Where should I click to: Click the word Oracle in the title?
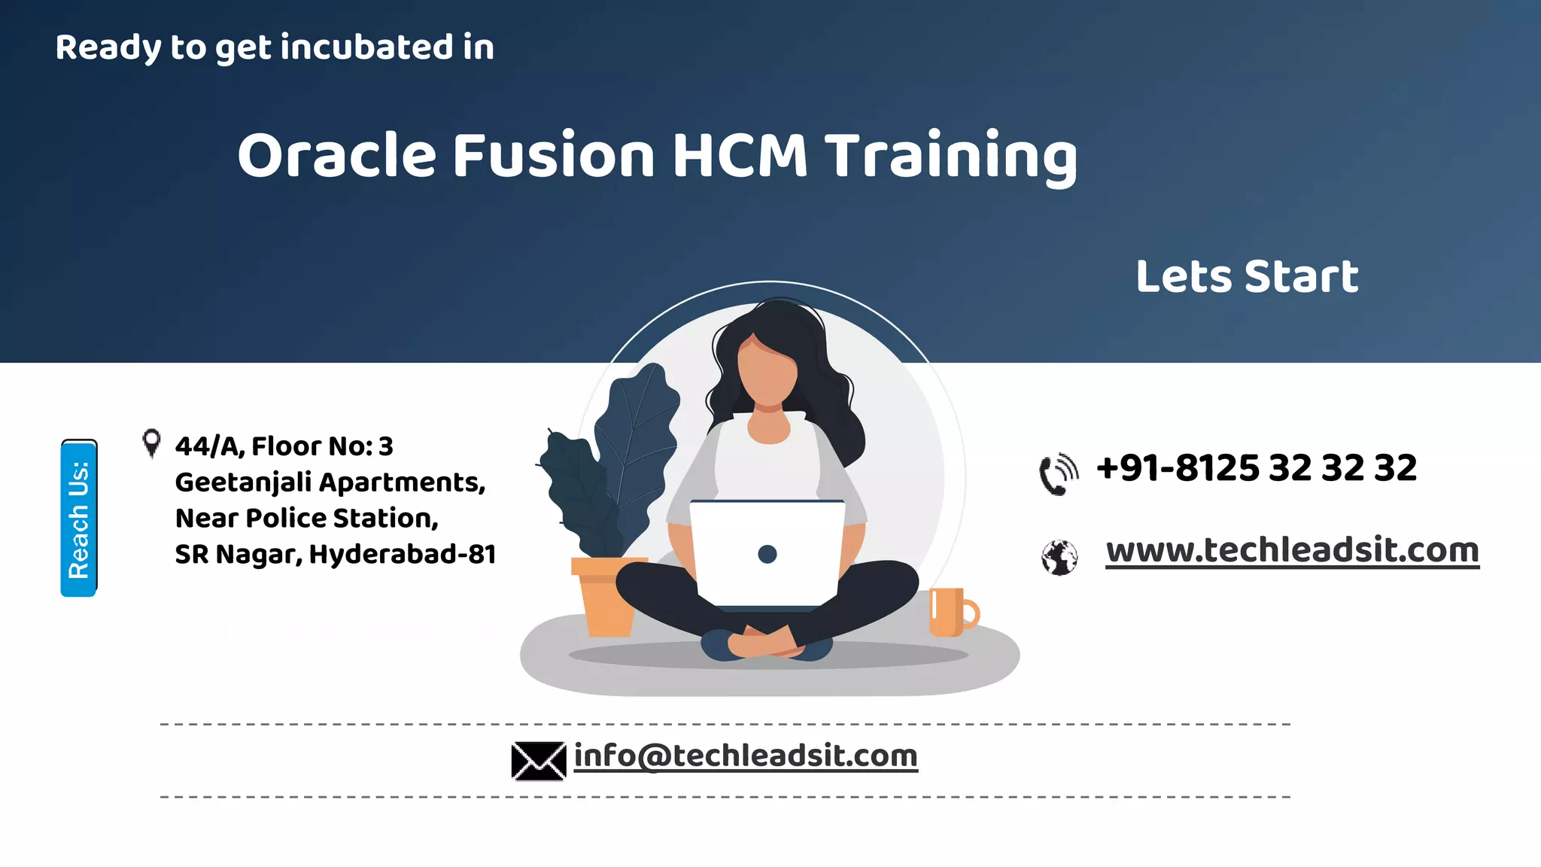pos(336,156)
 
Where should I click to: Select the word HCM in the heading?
pos(739,156)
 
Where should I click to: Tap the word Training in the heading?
pos(952,156)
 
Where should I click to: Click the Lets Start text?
pos(1247,276)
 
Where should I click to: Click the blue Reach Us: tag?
pos(79,519)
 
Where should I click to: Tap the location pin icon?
pos(151,443)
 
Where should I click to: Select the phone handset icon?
pos(1058,475)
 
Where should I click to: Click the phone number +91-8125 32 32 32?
pos(1257,468)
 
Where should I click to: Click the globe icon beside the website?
pos(1059,558)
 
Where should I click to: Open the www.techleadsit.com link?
pos(1292,550)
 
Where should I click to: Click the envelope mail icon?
pos(538,760)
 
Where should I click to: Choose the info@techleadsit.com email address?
pos(746,756)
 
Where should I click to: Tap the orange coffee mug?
pos(951,612)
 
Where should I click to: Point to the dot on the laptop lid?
pos(767,555)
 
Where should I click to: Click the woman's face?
pos(767,373)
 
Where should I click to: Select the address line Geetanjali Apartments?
pos(330,482)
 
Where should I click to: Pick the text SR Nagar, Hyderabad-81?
pos(336,555)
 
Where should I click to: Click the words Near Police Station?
pos(307,519)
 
